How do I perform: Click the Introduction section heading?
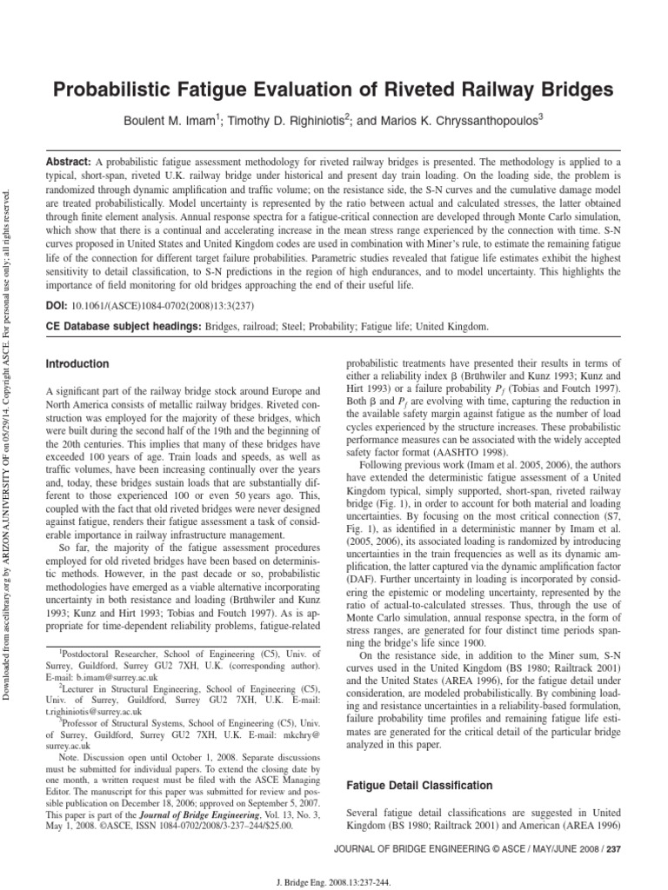click(x=77, y=364)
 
